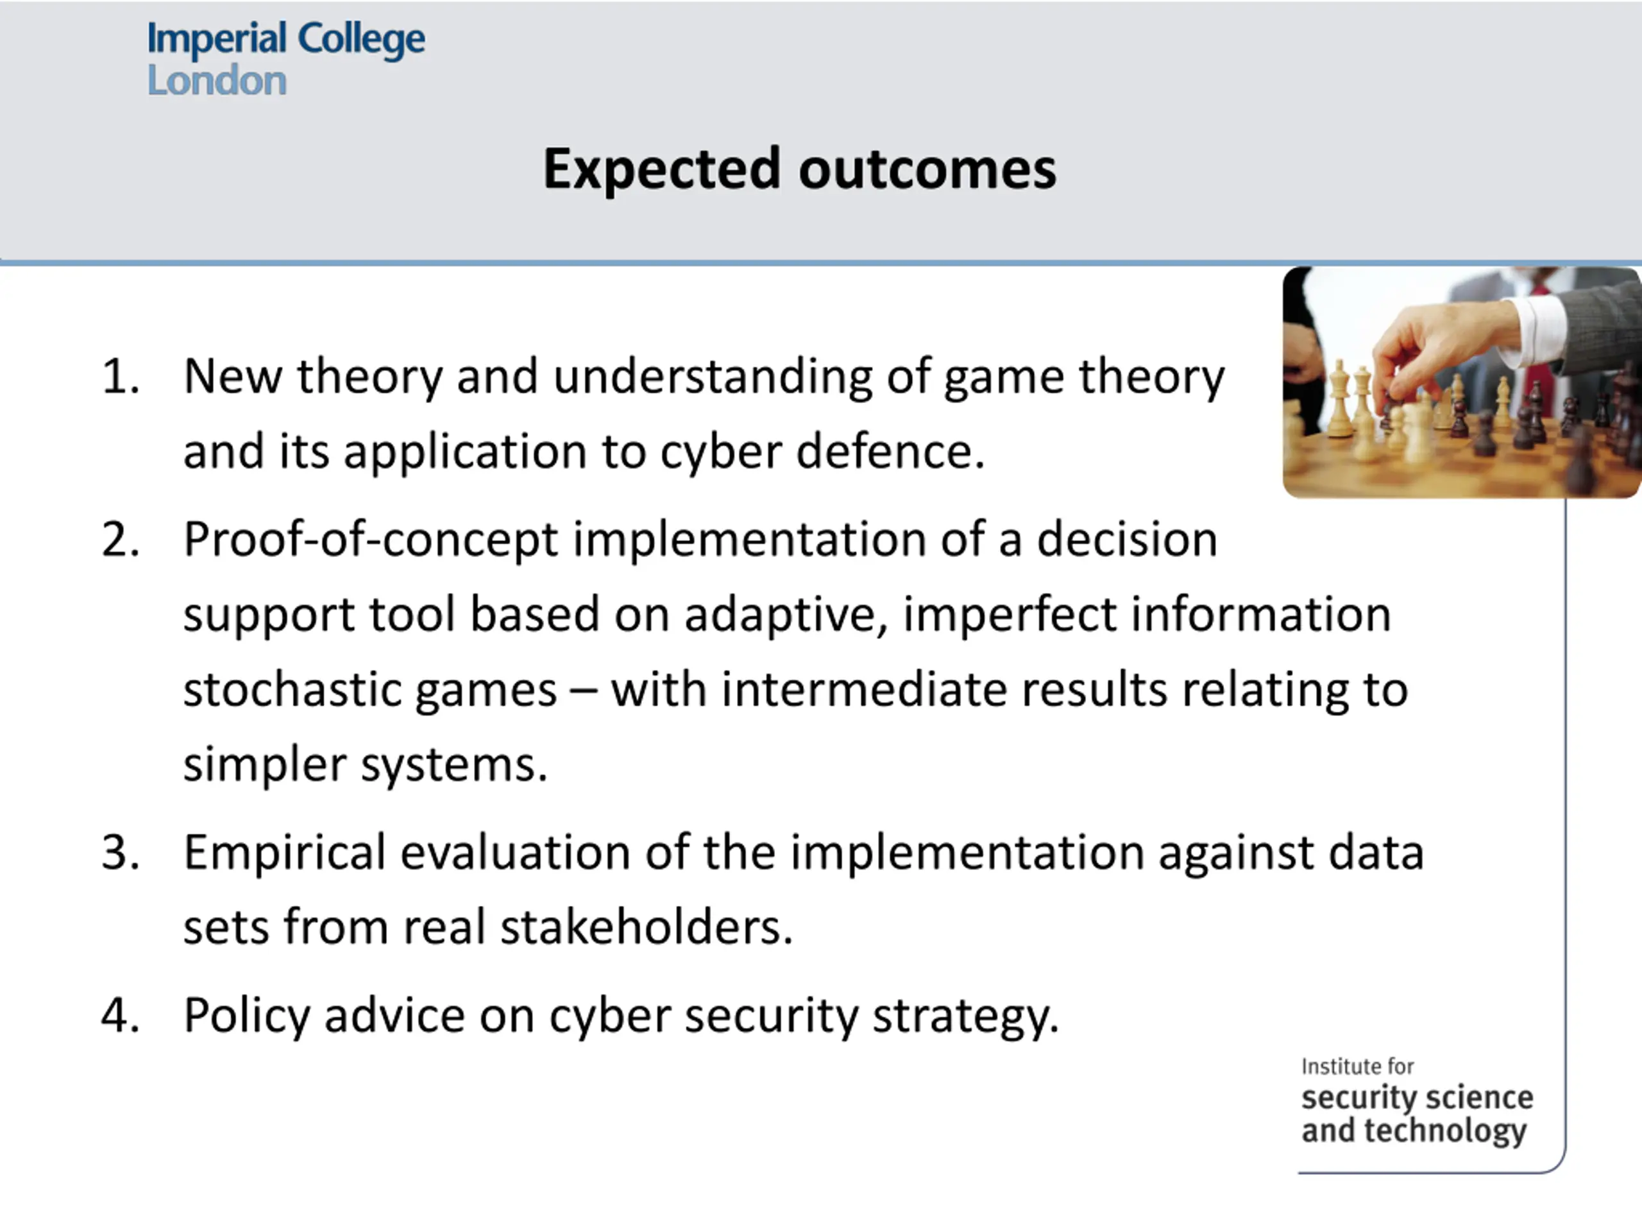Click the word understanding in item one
click(713, 378)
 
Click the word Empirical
click(285, 854)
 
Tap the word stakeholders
click(647, 927)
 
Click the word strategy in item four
click(965, 1016)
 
